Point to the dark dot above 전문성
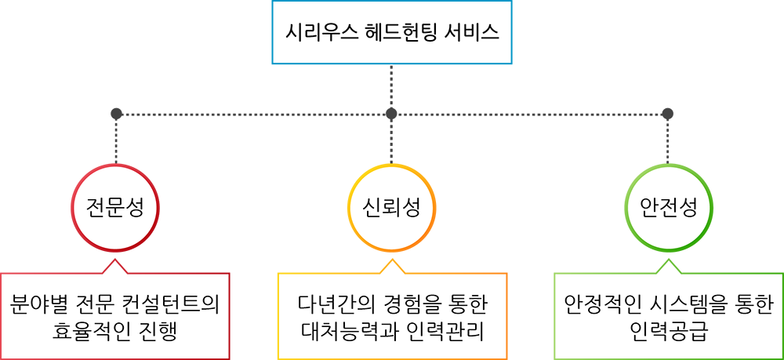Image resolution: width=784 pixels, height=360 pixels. tap(116, 114)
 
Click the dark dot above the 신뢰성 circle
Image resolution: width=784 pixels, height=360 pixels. tap(391, 114)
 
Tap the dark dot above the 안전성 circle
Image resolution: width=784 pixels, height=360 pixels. tap(667, 114)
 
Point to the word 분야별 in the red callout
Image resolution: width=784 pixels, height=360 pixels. tap(36, 304)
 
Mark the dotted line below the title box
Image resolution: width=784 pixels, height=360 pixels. tap(391, 86)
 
